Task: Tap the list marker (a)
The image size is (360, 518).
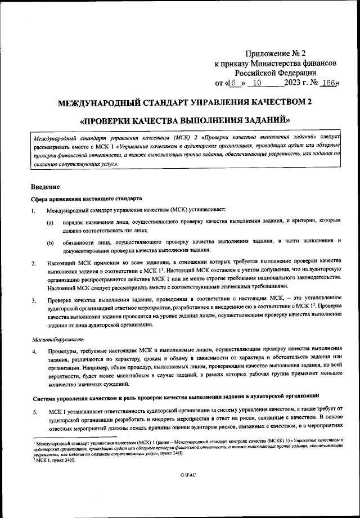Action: [x=50, y=223]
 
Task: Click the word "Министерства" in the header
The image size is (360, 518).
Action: [x=283, y=63]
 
